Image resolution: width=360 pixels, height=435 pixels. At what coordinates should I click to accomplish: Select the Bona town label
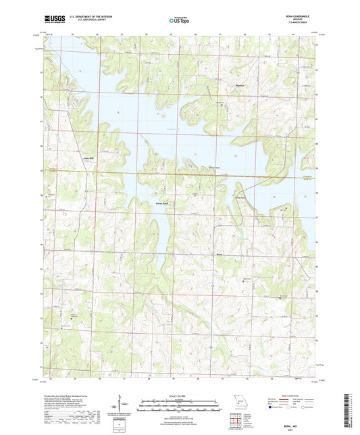click(x=217, y=255)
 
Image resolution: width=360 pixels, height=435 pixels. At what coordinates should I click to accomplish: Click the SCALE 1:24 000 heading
click(x=180, y=395)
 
